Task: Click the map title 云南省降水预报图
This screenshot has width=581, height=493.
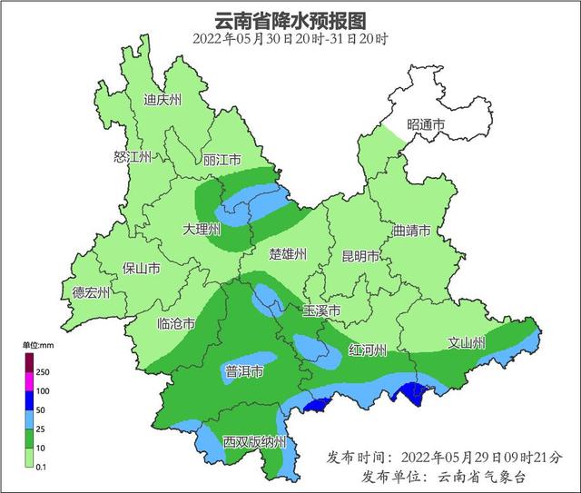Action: pos(290,19)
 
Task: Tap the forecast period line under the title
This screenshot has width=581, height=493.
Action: pos(290,39)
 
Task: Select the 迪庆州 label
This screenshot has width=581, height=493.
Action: pos(163,101)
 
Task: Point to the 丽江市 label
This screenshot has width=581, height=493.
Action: pos(222,157)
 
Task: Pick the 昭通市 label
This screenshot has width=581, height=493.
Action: pos(426,124)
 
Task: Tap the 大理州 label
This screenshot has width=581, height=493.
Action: pos(202,230)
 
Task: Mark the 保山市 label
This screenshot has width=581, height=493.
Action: pos(142,269)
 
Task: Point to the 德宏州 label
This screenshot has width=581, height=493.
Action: pos(92,292)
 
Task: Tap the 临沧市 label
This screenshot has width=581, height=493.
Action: pos(176,323)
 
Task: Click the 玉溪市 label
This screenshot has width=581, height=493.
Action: pos(321,311)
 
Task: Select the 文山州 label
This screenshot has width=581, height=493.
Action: pos(467,342)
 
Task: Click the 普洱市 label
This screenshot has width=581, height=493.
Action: pos(244,371)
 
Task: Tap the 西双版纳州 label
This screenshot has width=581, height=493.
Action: pos(255,442)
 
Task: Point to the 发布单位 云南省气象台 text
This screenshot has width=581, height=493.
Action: pos(444,477)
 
